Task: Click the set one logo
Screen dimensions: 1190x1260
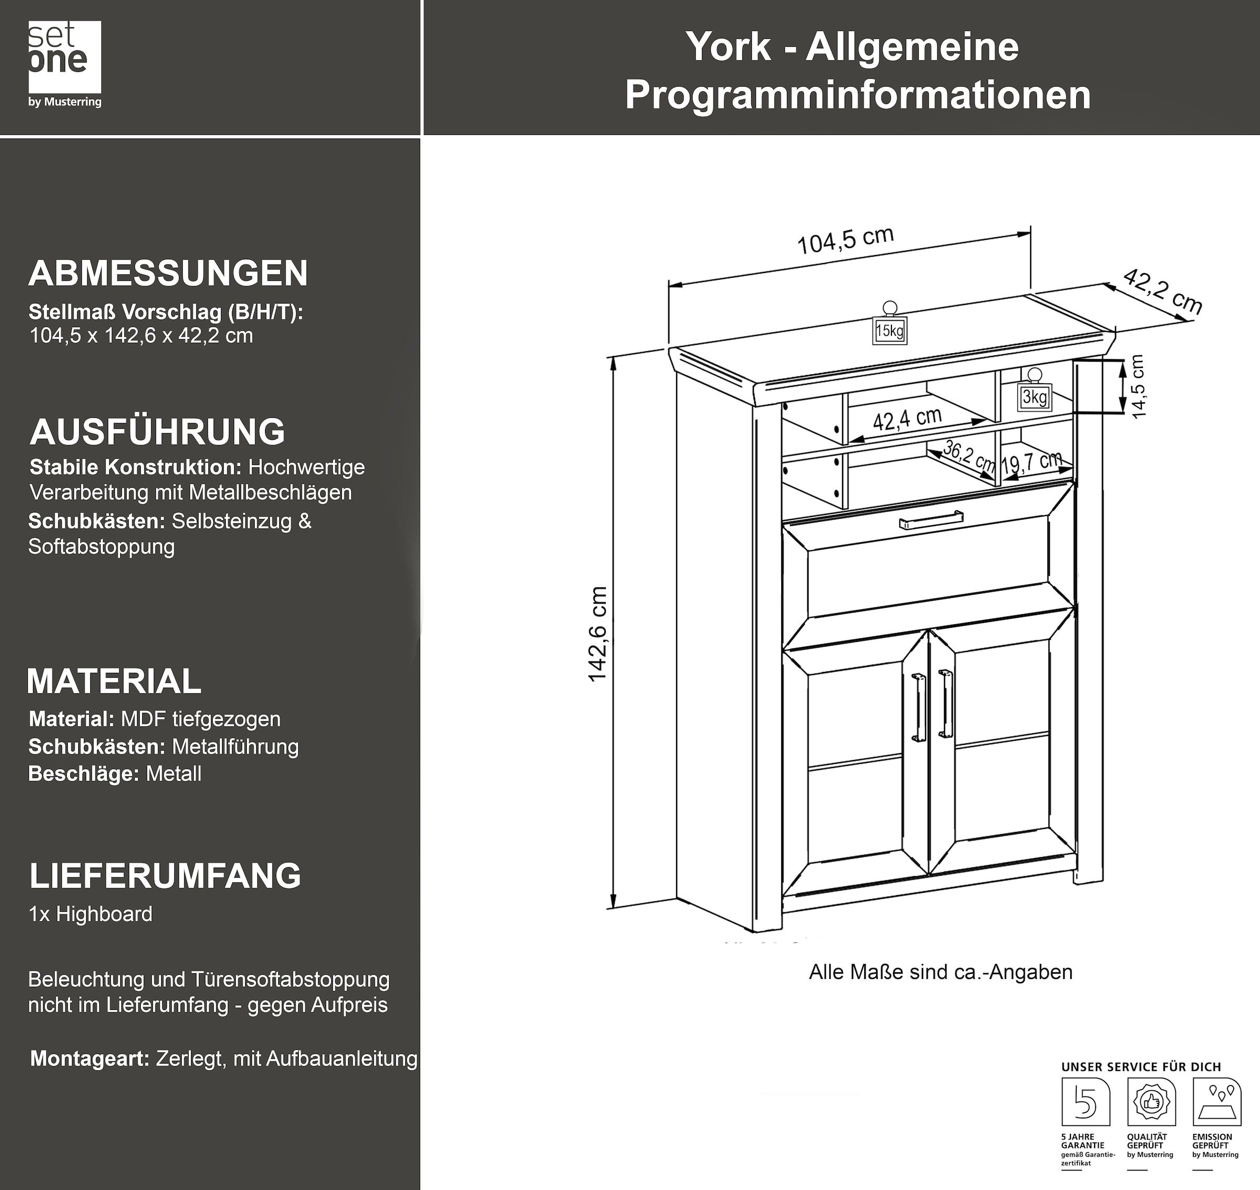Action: coord(65,64)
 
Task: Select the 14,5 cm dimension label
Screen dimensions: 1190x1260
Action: coord(1138,386)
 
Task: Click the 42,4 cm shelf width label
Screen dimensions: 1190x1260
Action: coord(907,419)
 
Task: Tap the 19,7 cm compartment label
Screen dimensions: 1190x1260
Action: coord(1031,462)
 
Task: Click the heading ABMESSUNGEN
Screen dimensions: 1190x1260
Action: coord(168,273)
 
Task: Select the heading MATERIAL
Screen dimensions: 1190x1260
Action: coord(114,681)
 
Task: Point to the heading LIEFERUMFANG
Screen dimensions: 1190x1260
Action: coord(165,876)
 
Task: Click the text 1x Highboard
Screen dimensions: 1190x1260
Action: coord(91,914)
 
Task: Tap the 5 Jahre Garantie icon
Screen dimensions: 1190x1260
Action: coord(1086,1102)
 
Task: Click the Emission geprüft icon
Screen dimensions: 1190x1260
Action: coord(1216,1102)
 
